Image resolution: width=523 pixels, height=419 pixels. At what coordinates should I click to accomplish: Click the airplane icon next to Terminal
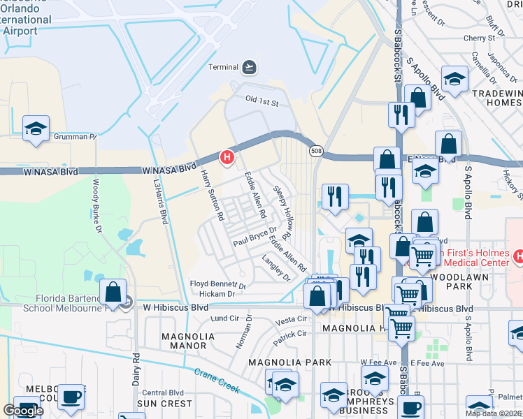coord(248,67)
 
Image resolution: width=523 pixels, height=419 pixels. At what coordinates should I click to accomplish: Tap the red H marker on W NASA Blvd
coord(227,158)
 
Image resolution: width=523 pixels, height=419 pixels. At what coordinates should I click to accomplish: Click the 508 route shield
coord(317,151)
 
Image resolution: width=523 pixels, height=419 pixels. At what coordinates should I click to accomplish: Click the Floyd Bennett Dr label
coord(218,285)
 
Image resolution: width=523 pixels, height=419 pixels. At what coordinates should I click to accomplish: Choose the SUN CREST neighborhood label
coord(164,404)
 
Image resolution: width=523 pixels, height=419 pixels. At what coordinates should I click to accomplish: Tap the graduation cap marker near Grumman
coord(36,128)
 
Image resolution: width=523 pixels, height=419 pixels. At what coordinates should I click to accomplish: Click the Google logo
coord(23,411)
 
